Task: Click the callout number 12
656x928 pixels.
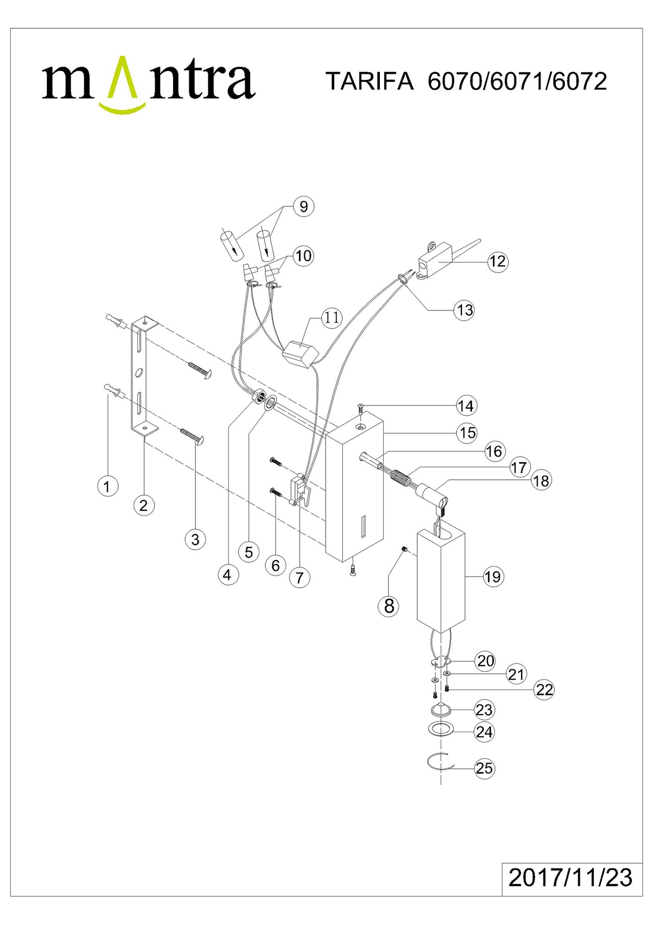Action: [x=497, y=261]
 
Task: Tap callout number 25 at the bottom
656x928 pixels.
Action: [x=484, y=768]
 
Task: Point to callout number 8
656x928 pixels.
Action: [x=389, y=606]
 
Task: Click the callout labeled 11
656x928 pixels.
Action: [x=332, y=318]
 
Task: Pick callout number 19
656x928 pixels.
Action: [x=493, y=577]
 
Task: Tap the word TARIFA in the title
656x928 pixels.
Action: [x=370, y=81]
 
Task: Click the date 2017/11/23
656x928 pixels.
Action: [x=570, y=877]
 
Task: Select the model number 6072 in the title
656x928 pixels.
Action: [x=579, y=81]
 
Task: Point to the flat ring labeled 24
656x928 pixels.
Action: [x=441, y=729]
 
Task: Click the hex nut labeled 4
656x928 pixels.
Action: [x=258, y=397]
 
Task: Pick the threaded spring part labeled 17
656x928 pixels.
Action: [x=401, y=476]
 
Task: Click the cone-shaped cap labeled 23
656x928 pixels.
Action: [x=441, y=710]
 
